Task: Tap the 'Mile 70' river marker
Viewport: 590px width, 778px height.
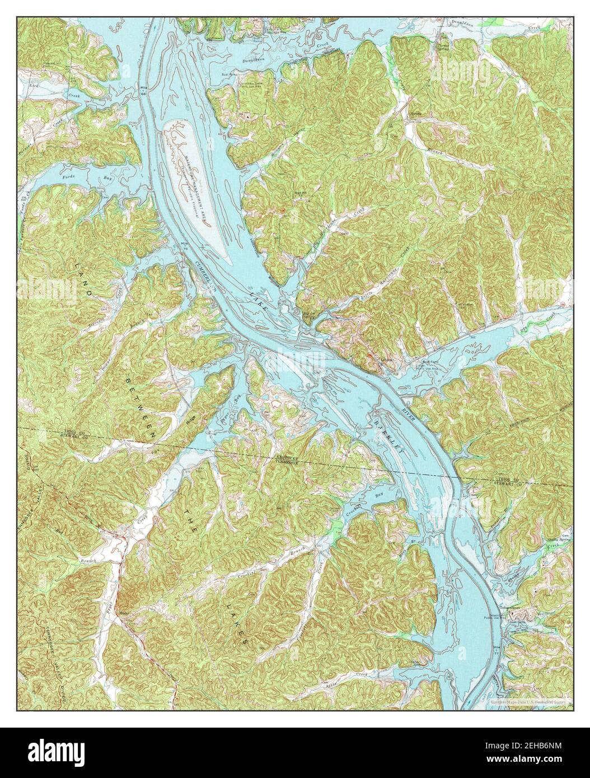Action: pyautogui.click(x=185, y=245)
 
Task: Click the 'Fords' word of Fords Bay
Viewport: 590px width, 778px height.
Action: pyautogui.click(x=68, y=177)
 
